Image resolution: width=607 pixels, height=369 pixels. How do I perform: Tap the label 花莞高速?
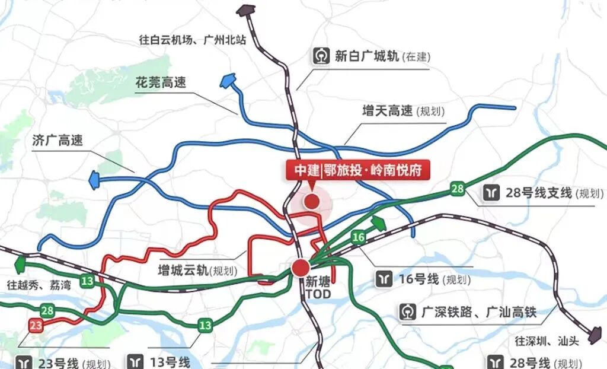tap(160, 82)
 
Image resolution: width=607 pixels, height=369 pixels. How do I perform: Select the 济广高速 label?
tap(57, 141)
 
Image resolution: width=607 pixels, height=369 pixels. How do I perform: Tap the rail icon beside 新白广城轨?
tap(321, 56)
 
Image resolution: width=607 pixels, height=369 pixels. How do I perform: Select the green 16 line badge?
tap(358, 238)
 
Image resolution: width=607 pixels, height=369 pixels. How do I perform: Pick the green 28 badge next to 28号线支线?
tap(457, 189)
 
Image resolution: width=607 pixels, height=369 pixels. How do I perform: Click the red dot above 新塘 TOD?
tap(301, 267)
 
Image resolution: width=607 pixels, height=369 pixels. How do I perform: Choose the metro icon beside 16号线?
tap(384, 279)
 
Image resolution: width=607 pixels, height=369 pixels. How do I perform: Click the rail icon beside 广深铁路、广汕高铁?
tap(408, 311)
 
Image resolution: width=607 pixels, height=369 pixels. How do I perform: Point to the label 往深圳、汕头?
tap(546, 341)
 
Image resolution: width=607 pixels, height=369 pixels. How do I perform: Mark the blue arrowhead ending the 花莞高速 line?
tap(227, 82)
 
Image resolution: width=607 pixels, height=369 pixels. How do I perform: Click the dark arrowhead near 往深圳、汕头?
tap(594, 336)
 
